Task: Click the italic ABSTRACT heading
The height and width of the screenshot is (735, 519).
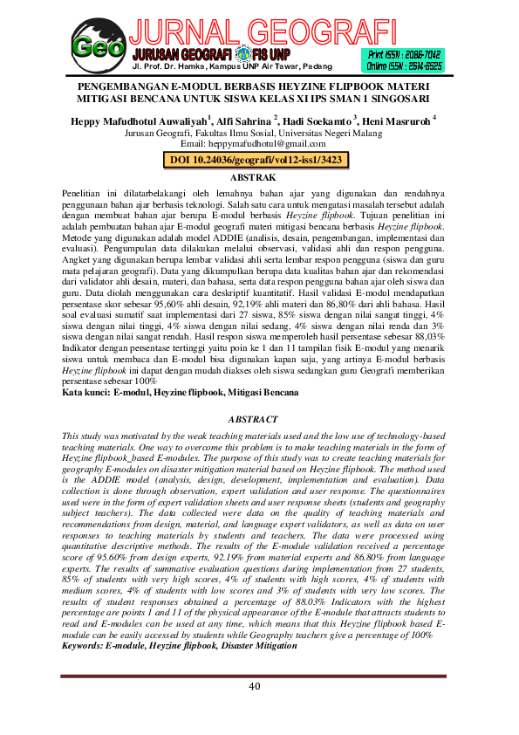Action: (259, 419)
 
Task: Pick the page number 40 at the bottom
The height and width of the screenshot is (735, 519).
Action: (255, 686)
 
